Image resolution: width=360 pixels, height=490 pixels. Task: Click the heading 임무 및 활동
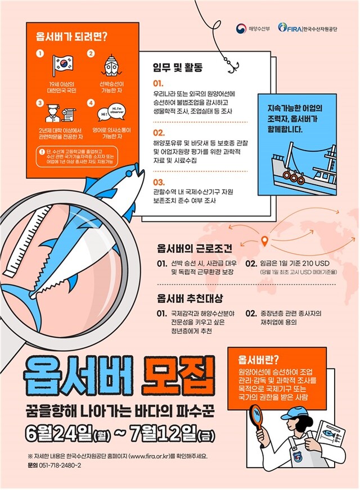tap(178, 68)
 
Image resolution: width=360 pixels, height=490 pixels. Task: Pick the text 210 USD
tap(314, 264)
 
